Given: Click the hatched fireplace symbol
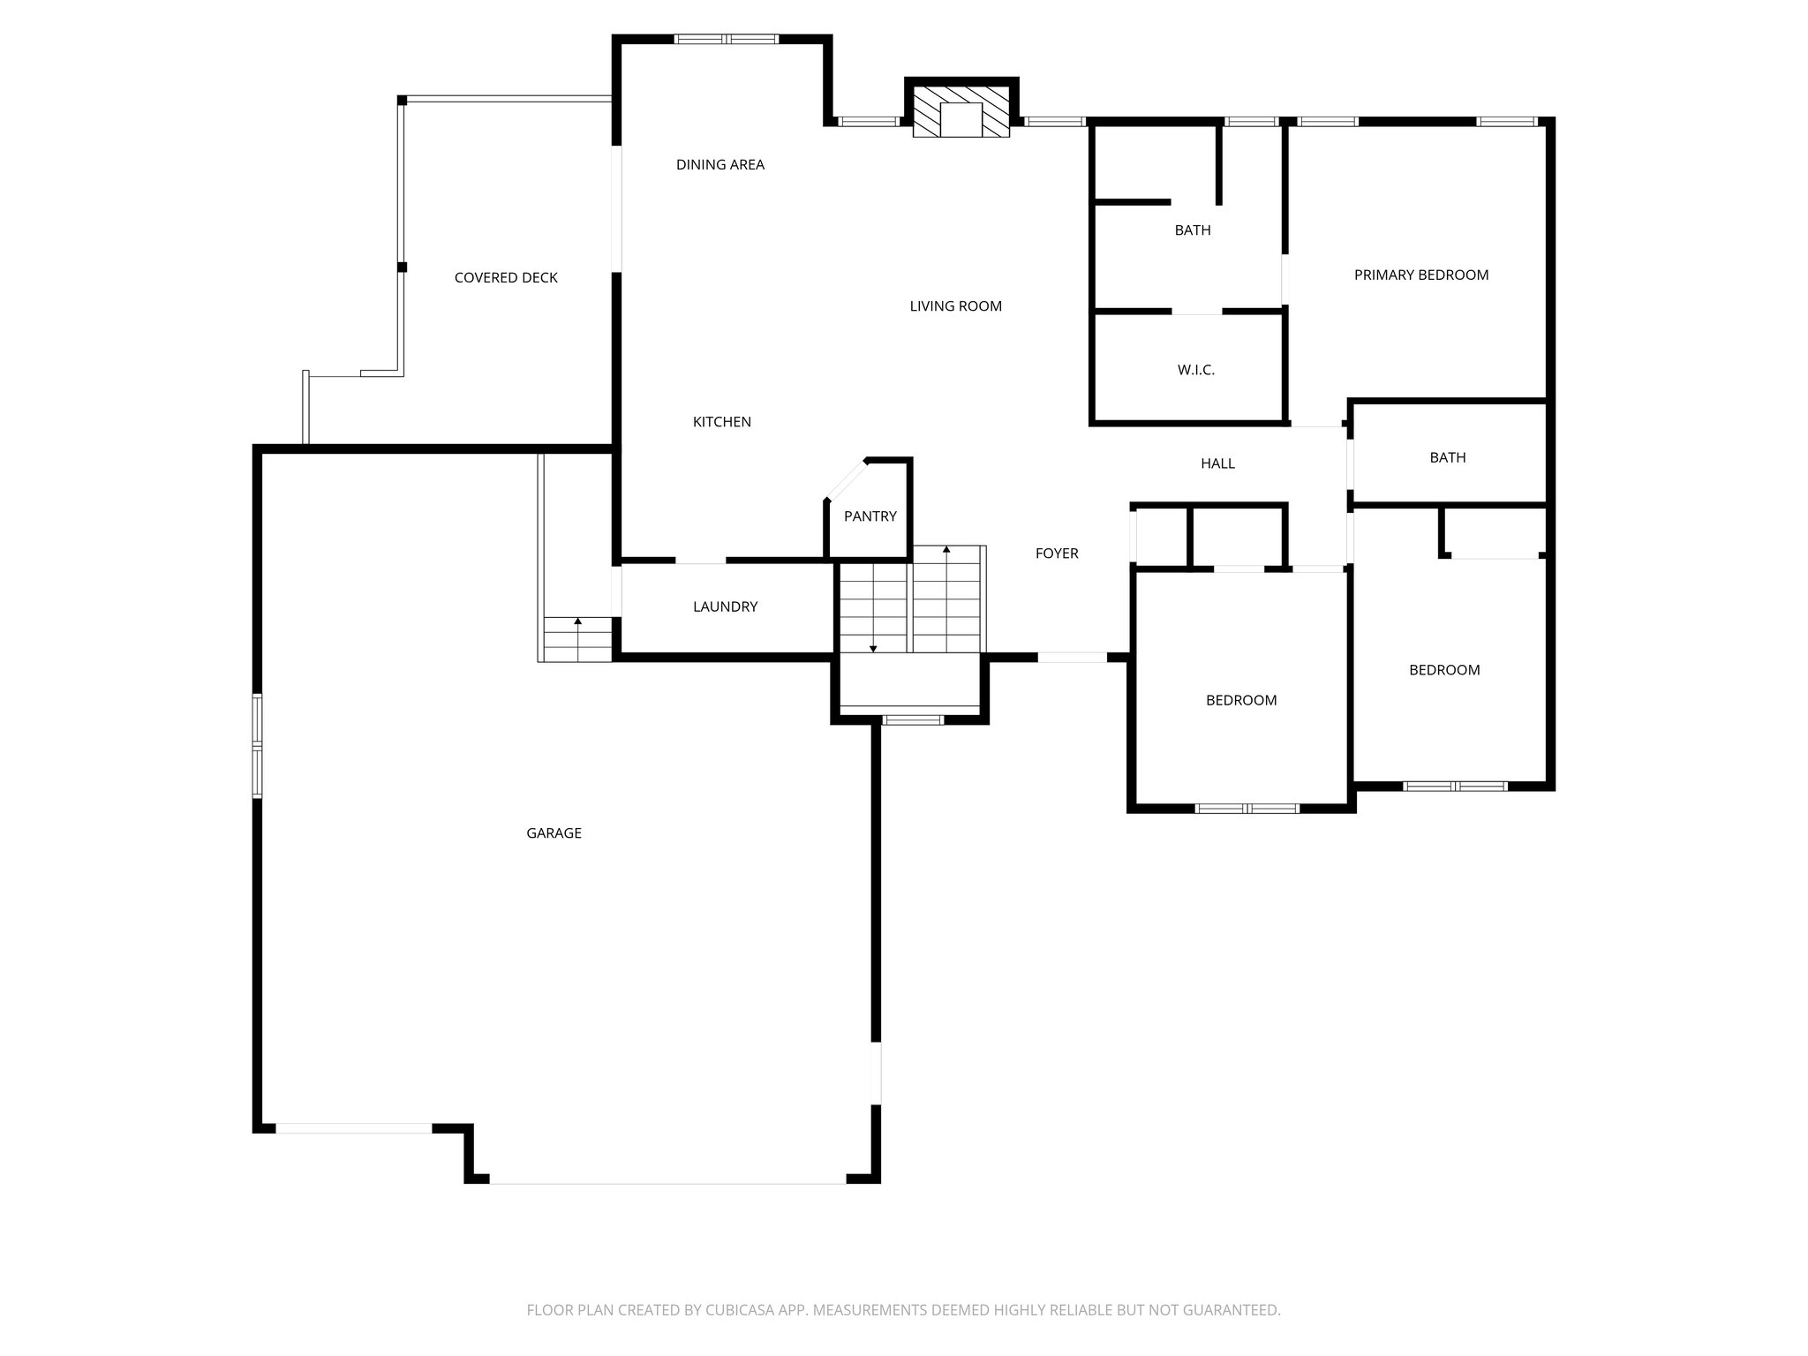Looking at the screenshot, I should point(961,111).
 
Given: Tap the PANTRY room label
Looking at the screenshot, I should point(870,516).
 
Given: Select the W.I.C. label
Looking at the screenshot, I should point(1195,370).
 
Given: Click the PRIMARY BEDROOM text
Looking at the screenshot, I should point(1420,275).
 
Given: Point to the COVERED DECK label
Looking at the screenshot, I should point(506,277).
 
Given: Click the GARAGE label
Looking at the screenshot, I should point(554,832).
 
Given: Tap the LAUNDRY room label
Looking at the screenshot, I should point(725,606).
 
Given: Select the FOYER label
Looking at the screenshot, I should point(1056,554).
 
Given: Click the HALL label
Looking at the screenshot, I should point(1217,463).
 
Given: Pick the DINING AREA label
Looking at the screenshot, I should point(719,164).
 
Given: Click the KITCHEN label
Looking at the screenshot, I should point(721,422).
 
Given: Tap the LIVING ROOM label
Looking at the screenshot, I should point(955,306).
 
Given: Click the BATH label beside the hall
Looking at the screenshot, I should point(1447,457).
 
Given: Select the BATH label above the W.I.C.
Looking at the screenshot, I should point(1192,230).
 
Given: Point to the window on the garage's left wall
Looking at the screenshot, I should point(258,746).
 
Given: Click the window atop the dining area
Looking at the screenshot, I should point(727,39).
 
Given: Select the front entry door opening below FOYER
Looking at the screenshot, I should point(1071,657).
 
